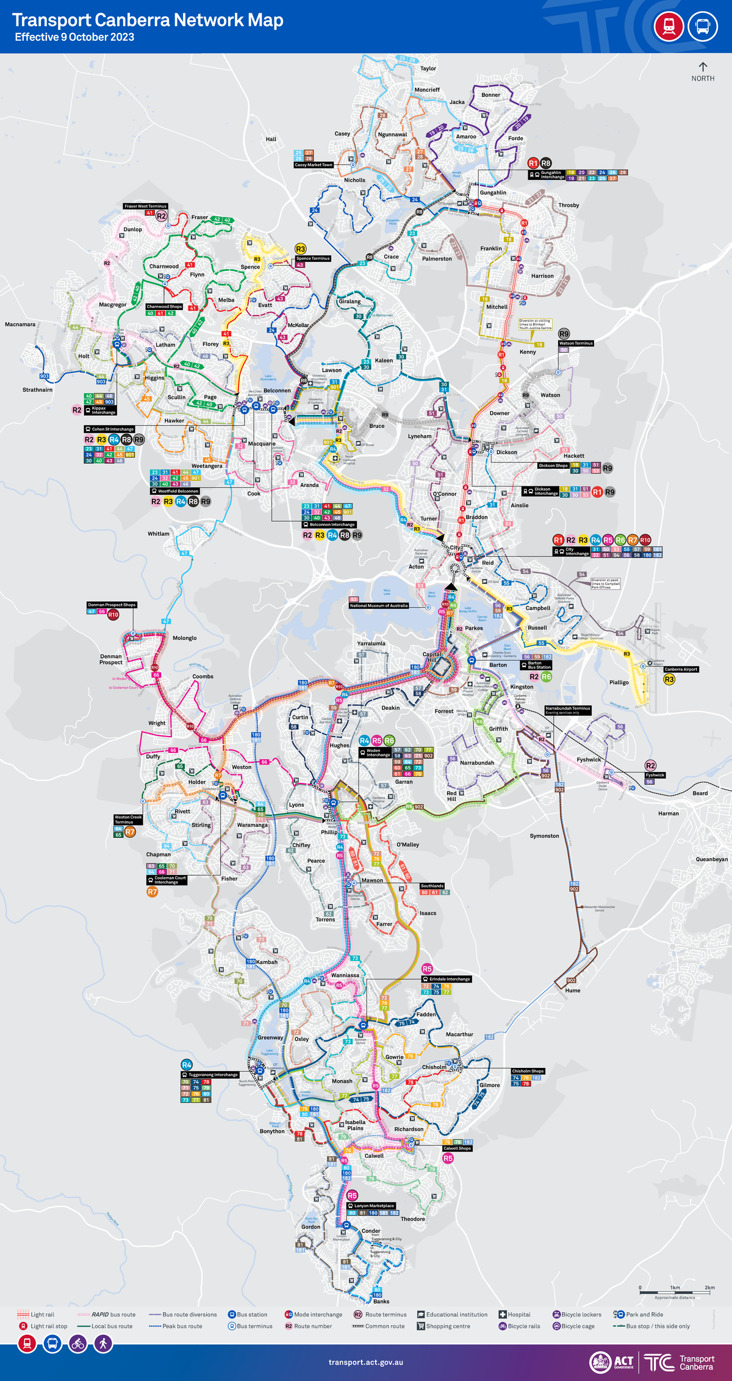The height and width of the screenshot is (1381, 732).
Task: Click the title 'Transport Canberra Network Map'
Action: click(x=148, y=20)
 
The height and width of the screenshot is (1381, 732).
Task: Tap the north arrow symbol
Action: click(x=703, y=67)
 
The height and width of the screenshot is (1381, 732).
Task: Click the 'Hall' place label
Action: click(x=271, y=139)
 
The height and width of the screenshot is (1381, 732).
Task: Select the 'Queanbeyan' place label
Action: click(x=711, y=859)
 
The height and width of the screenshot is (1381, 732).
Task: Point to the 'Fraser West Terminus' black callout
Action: click(x=145, y=206)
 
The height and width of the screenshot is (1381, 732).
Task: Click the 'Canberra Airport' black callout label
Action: click(x=681, y=669)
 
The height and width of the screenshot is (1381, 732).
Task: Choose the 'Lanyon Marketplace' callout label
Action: click(x=371, y=1206)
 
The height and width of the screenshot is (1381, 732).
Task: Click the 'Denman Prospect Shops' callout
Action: click(x=112, y=605)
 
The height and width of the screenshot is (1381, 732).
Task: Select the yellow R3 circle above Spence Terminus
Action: click(x=300, y=249)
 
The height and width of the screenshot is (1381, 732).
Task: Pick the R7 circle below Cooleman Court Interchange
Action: click(x=152, y=892)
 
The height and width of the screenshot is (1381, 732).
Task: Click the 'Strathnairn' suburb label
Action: click(x=37, y=390)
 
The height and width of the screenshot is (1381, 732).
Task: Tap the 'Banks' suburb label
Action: click(x=381, y=1302)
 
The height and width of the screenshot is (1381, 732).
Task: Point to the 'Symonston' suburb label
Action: click(x=544, y=836)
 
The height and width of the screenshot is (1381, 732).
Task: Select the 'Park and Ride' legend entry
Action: click(x=644, y=1314)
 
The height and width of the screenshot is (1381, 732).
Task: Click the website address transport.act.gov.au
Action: click(x=365, y=1362)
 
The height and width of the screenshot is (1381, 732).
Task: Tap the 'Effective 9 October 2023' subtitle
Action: click(x=74, y=37)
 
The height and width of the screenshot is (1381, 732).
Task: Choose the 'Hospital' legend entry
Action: click(x=518, y=1314)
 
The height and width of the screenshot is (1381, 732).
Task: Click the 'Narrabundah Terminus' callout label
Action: click(x=567, y=709)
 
